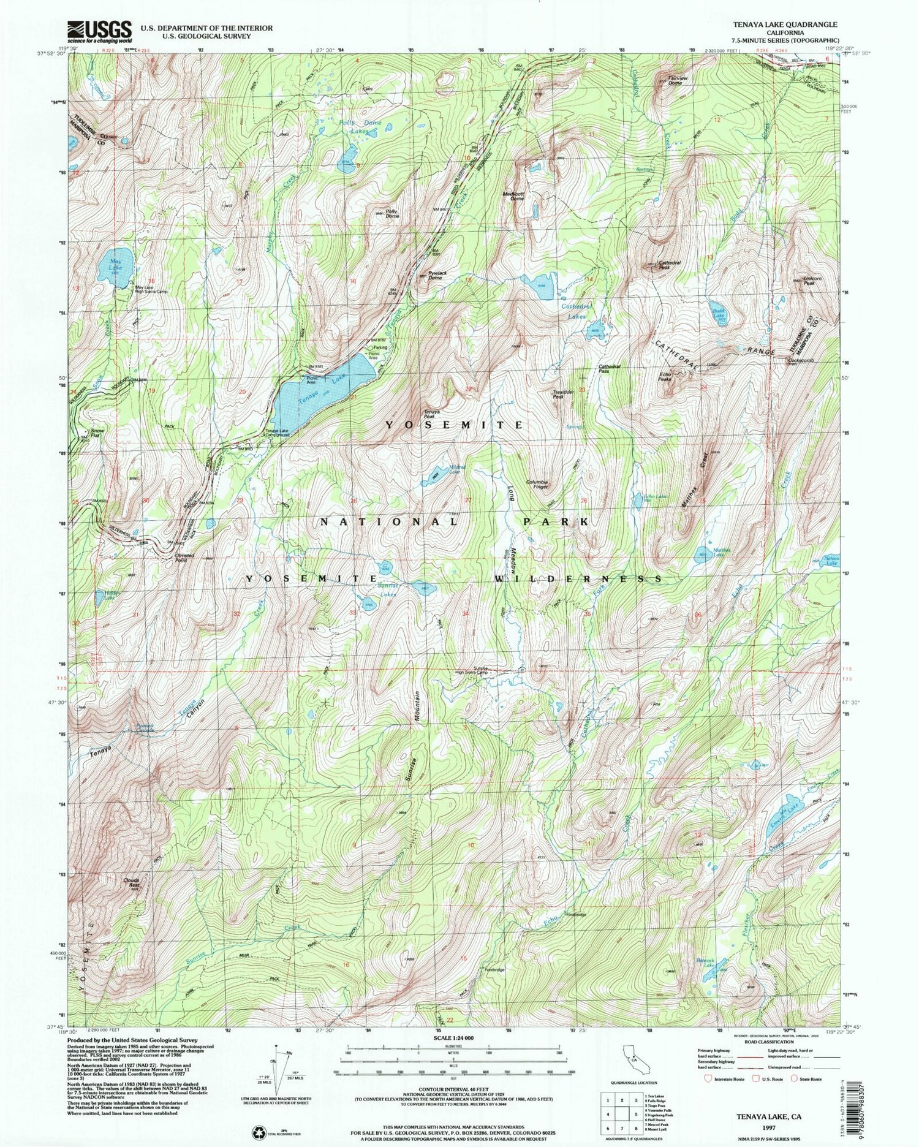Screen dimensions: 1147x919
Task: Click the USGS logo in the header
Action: pos(99,31)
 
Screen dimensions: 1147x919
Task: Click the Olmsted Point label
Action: pos(186,558)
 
